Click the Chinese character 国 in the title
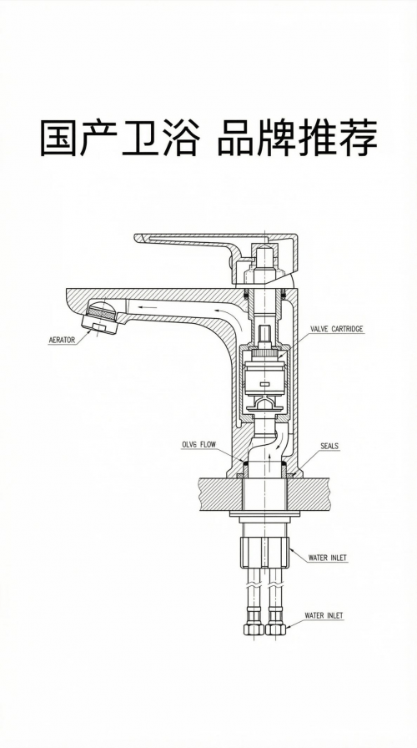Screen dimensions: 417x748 (58, 138)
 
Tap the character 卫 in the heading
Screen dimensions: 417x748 (141, 138)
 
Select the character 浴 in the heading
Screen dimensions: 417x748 (181, 138)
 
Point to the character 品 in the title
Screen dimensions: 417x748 (236, 138)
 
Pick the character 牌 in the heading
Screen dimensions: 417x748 (276, 138)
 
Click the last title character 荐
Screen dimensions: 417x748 (359, 138)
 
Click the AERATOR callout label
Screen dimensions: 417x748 (62, 340)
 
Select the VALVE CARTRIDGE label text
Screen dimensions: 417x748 (336, 329)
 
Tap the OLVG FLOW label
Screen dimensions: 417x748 (198, 445)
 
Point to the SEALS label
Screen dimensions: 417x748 (329, 446)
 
